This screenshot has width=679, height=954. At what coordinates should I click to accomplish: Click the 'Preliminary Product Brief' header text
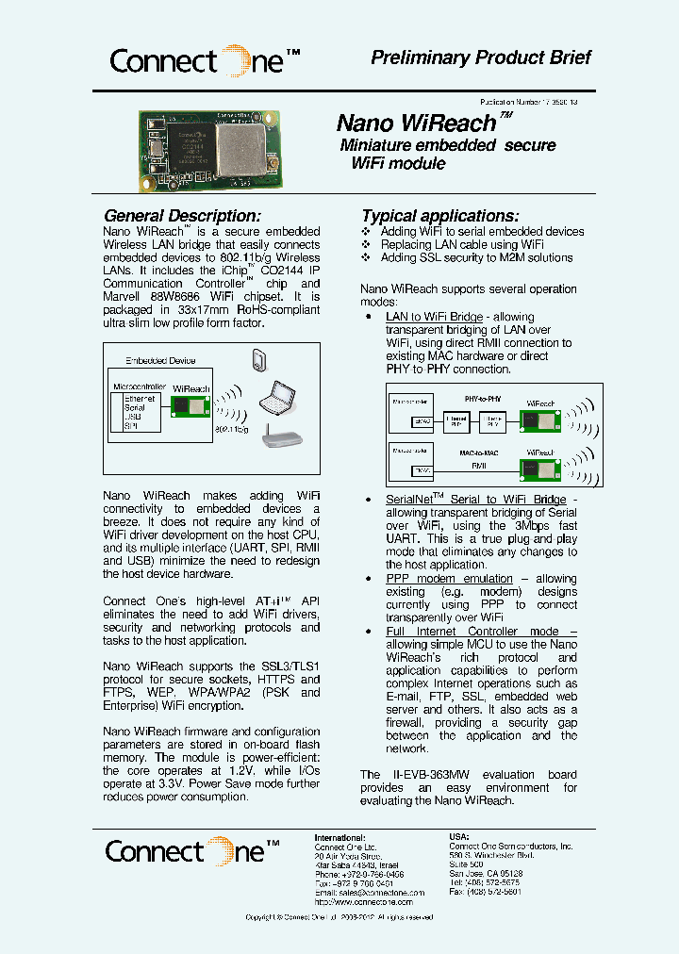[481, 58]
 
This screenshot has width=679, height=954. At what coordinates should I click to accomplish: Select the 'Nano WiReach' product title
[417, 123]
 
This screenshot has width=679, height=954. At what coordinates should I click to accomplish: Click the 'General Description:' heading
[182, 216]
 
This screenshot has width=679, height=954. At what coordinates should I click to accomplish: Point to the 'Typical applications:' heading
[440, 216]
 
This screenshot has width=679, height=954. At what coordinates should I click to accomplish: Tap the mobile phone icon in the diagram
[261, 359]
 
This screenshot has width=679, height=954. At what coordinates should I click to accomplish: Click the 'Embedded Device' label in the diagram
[160, 360]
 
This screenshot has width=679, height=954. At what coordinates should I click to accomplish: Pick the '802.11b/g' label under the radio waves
[236, 429]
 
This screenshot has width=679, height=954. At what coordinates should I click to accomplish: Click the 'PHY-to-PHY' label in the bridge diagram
[484, 399]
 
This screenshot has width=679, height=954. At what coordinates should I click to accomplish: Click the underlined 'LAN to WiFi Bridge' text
[434, 317]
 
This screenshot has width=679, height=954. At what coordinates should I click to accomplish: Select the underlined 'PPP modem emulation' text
[449, 579]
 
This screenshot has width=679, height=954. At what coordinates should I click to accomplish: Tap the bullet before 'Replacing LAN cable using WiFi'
[367, 245]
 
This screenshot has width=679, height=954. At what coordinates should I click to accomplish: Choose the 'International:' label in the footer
[339, 837]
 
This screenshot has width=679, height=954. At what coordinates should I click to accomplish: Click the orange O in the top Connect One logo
[233, 60]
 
